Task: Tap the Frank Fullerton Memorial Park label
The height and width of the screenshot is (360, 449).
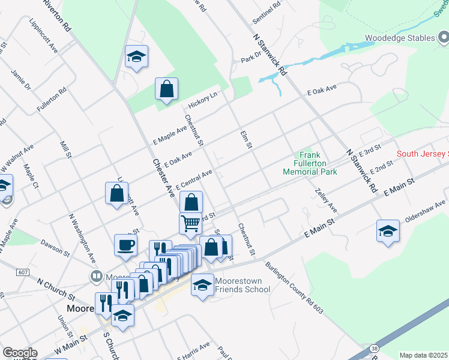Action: pyautogui.click(x=310, y=163)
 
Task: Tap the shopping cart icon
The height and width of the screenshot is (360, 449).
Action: pyautogui.click(x=190, y=223)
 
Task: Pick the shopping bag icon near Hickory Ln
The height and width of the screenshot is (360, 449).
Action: pyautogui.click(x=166, y=89)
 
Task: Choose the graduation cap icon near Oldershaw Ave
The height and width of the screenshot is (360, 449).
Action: pyautogui.click(x=388, y=231)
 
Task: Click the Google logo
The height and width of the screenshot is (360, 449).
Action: pyautogui.click(x=20, y=353)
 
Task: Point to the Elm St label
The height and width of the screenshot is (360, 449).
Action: pyautogui.click(x=246, y=139)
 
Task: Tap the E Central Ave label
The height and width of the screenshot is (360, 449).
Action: pyautogui.click(x=195, y=178)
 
